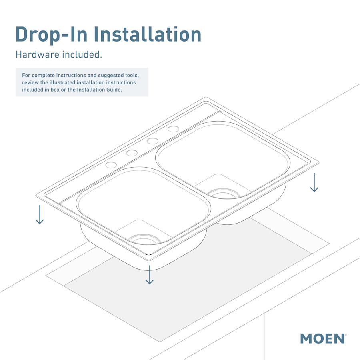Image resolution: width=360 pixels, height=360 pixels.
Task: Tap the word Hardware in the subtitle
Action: (x=37, y=54)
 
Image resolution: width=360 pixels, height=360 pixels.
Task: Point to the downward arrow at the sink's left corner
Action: (x=39, y=214)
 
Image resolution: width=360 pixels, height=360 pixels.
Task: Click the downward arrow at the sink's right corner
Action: (x=314, y=182)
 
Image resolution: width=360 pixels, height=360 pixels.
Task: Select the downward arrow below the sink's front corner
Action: (x=149, y=275)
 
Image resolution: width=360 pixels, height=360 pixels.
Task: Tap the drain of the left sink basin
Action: (x=144, y=239)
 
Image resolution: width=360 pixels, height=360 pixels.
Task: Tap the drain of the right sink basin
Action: (x=224, y=194)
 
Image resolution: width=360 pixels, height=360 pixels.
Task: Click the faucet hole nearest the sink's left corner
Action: (x=111, y=165)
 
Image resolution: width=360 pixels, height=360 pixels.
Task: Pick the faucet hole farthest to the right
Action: (x=173, y=129)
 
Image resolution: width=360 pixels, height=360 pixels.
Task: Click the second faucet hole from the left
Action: (x=132, y=153)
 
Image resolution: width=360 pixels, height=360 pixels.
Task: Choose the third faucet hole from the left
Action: (x=152, y=141)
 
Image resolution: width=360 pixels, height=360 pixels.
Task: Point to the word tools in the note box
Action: (x=131, y=75)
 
